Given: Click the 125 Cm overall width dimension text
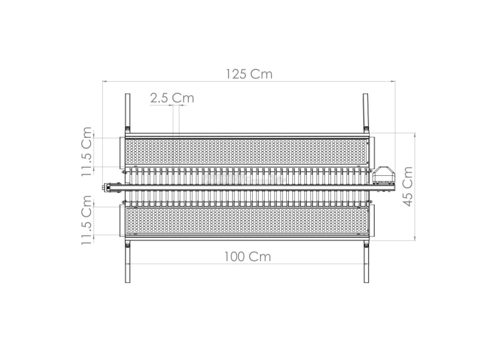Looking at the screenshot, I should (249, 74).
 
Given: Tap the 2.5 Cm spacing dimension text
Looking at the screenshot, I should (172, 98).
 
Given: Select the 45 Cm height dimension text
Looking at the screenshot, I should (408, 186).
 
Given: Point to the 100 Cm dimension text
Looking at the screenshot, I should (247, 257).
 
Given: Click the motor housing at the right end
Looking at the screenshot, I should (383, 175).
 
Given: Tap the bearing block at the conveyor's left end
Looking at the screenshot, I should (111, 188).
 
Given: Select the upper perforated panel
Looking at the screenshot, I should (246, 152).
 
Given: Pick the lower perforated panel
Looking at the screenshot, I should (246, 221).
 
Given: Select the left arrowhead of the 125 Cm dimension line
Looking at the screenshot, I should (104, 81).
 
